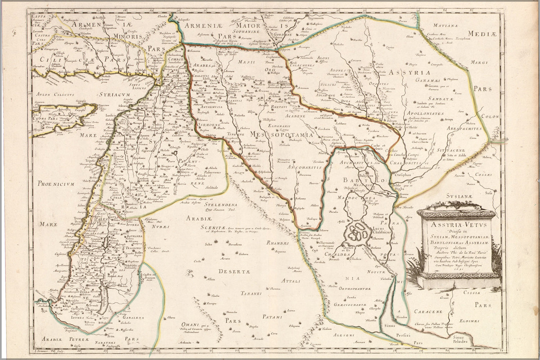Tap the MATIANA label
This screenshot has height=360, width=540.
tap(445, 26)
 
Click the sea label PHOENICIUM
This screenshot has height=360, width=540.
tap(55, 184)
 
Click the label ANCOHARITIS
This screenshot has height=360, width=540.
tap(305, 167)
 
